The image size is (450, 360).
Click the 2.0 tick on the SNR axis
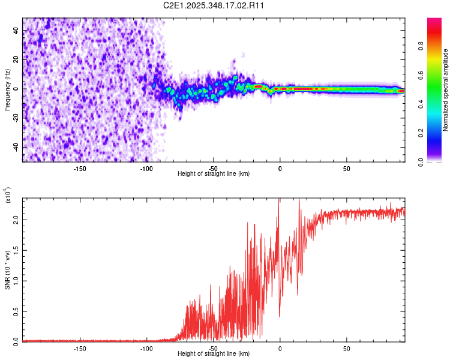click(x=17, y=220)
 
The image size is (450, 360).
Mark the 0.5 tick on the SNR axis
click(x=17, y=311)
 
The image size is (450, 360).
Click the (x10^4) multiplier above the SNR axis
click(x=8, y=196)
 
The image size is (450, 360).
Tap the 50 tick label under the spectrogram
click(x=346, y=168)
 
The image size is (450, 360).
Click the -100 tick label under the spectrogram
click(x=146, y=168)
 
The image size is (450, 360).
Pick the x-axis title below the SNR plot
click(x=214, y=353)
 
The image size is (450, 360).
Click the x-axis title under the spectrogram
click(x=214, y=173)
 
